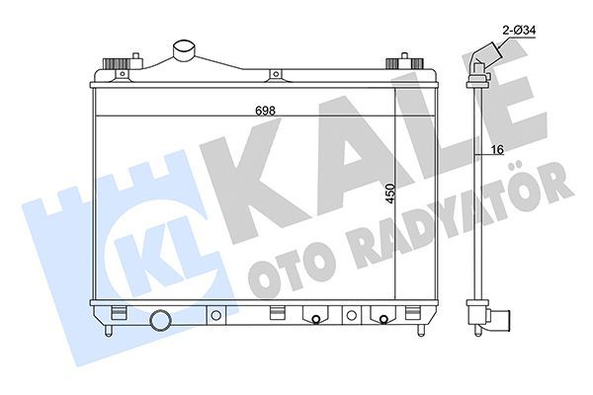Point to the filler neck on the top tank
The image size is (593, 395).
(x=185, y=50)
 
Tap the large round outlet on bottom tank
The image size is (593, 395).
(x=161, y=321)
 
